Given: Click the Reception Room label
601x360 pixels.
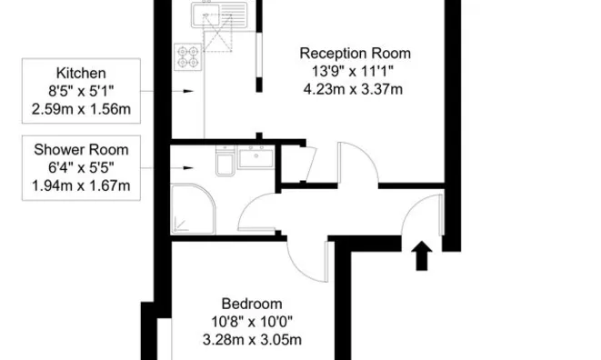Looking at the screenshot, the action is [x=355, y=54].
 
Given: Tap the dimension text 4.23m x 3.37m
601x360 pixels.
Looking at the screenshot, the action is [x=353, y=89].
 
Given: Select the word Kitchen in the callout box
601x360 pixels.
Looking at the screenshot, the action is [x=81, y=73].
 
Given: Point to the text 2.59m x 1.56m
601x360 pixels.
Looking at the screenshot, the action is [x=81, y=109].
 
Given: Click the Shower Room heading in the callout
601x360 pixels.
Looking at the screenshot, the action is [x=81, y=149].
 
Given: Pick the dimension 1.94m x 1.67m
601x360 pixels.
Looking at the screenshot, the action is [x=81, y=186].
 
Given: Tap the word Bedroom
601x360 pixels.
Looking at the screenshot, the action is [x=252, y=304].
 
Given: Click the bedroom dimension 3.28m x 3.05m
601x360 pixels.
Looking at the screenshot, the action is [x=252, y=340].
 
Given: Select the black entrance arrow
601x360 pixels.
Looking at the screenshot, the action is [x=422, y=255].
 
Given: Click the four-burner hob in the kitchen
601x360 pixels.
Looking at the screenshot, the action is [x=188, y=56].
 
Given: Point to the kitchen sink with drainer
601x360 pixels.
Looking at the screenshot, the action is [x=219, y=15].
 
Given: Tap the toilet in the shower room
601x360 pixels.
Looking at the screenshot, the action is [x=225, y=161].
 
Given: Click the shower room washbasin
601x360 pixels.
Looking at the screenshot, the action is [x=256, y=157].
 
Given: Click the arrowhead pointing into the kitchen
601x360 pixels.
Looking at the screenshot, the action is [x=188, y=91].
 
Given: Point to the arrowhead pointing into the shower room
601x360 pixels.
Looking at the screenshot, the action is [x=188, y=168].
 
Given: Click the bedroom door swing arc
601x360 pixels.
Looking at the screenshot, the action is [x=298, y=268].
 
